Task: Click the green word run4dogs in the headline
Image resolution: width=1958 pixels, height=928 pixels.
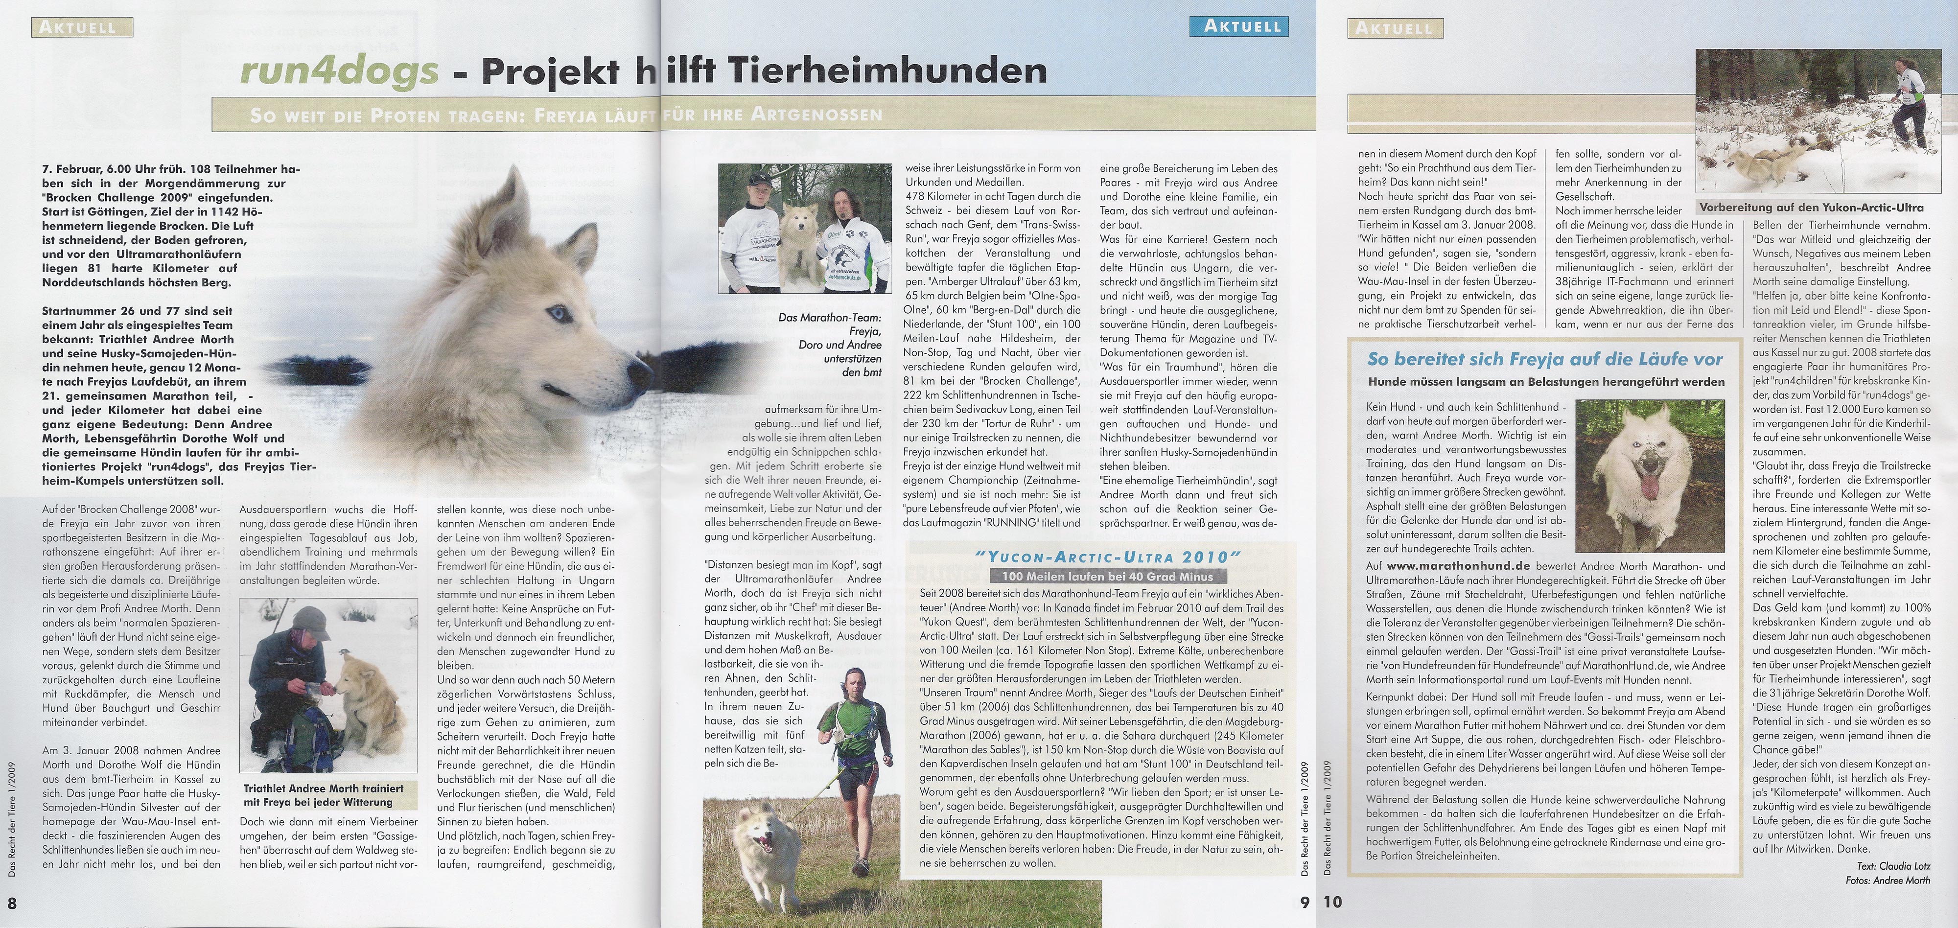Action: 339,71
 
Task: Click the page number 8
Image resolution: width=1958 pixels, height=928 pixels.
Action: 12,902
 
